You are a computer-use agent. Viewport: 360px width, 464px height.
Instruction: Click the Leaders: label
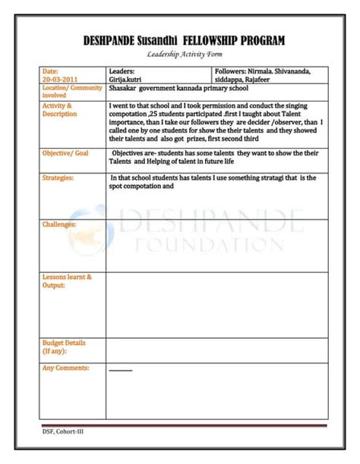click(x=122, y=71)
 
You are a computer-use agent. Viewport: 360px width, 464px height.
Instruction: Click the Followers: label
click(x=232, y=71)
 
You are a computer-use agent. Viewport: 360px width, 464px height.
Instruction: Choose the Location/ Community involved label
click(x=72, y=92)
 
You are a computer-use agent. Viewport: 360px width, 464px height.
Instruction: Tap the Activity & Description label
click(x=59, y=110)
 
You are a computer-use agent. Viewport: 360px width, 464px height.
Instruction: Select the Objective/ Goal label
click(x=65, y=153)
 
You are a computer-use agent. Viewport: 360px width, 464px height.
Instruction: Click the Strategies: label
click(x=58, y=178)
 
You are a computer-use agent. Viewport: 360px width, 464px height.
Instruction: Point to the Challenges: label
click(x=59, y=225)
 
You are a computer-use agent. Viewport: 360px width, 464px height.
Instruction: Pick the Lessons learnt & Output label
click(x=67, y=281)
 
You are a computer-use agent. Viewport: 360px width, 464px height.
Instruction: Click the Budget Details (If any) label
click(x=64, y=347)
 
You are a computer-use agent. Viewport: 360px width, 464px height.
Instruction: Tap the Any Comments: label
click(x=65, y=368)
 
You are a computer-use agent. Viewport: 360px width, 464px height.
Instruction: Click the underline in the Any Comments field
click(x=120, y=371)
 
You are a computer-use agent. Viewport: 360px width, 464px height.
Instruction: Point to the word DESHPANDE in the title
click(x=110, y=40)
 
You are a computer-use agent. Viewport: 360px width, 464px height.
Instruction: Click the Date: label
click(x=50, y=71)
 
